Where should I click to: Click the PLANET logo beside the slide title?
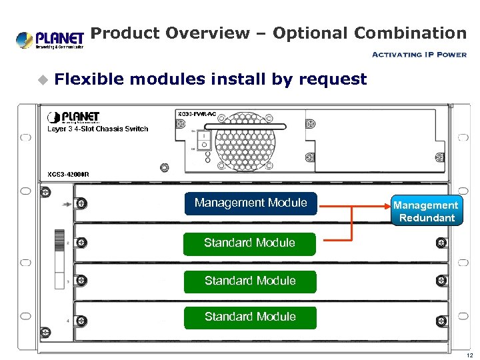49,39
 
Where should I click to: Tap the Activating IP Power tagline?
418,55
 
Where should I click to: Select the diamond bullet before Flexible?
43,80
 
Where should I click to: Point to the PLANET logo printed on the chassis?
73,118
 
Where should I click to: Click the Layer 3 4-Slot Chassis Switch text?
97,129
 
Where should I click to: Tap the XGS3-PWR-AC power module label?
196,114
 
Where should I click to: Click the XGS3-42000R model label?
68,174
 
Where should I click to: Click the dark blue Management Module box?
251,203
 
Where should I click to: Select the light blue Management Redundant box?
425,211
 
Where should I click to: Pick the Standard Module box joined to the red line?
249,243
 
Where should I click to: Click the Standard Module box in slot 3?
249,281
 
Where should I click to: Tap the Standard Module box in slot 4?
249,317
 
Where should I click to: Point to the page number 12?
469,355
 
